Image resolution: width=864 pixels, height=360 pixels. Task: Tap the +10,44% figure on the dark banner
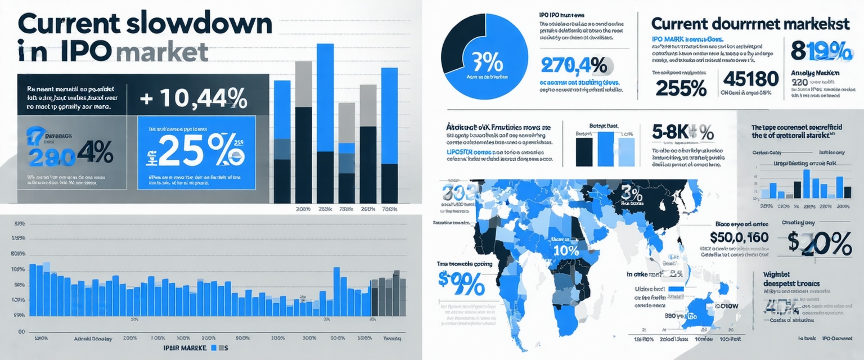pyautogui.click(x=193, y=100)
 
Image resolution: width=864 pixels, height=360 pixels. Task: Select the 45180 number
pyautogui.click(x=750, y=79)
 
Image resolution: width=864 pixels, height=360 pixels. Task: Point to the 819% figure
pyautogui.click(x=821, y=51)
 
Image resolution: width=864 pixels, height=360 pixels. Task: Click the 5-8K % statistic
pyautogui.click(x=683, y=133)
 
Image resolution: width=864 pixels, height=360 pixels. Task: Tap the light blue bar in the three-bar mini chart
pyautogui.click(x=626, y=150)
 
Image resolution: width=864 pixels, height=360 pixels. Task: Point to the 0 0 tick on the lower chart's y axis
pyautogui.click(x=22, y=332)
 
